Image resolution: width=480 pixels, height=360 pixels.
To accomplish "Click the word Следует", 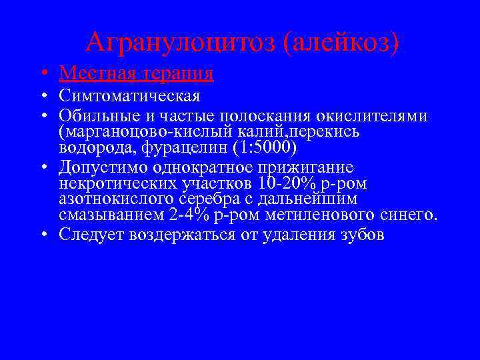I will tap(89, 234).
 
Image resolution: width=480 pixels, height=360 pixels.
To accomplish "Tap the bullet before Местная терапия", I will tap(43, 73).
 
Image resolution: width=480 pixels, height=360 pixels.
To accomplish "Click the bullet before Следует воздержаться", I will tap(43, 235).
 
